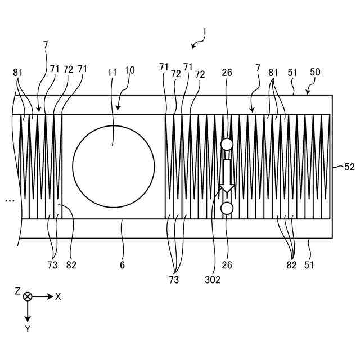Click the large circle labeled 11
tap(114, 166)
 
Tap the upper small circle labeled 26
tap(227, 145)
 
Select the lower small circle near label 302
tap(227, 209)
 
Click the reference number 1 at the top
tap(205, 33)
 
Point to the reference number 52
tap(350, 166)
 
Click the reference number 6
tap(122, 264)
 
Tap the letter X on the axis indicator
tap(58, 296)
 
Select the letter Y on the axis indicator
tap(28, 329)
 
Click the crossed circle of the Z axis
tap(28, 296)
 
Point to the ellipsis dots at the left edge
tap(9, 200)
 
